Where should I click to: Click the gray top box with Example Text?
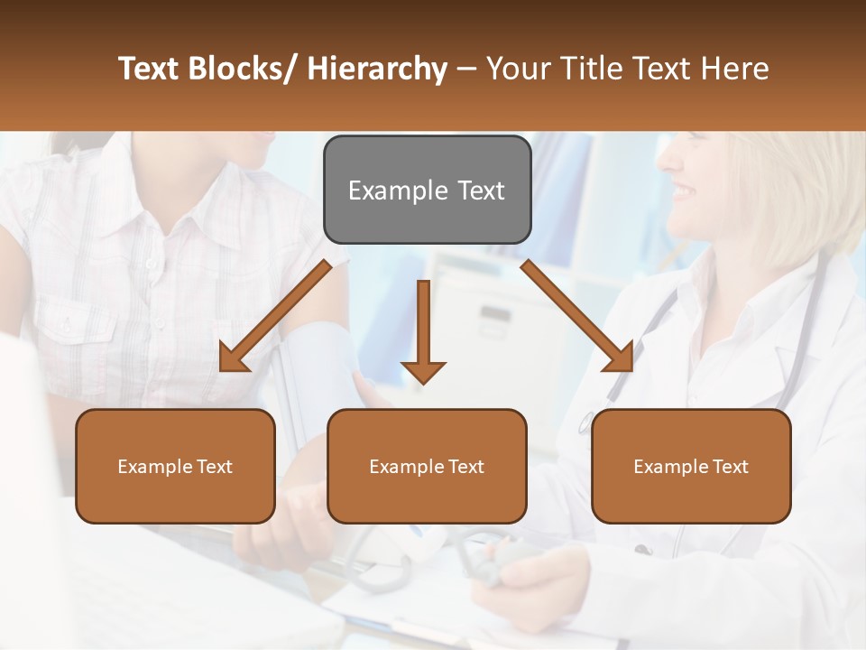(x=427, y=190)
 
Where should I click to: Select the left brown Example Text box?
(x=175, y=466)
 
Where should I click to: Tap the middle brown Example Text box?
(x=427, y=466)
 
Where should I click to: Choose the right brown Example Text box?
(x=691, y=466)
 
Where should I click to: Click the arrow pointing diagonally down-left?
(x=274, y=317)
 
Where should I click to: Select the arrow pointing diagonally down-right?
(x=576, y=315)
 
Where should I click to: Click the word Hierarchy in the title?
(x=377, y=69)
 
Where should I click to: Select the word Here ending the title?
(x=737, y=69)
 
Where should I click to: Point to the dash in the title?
(x=466, y=70)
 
